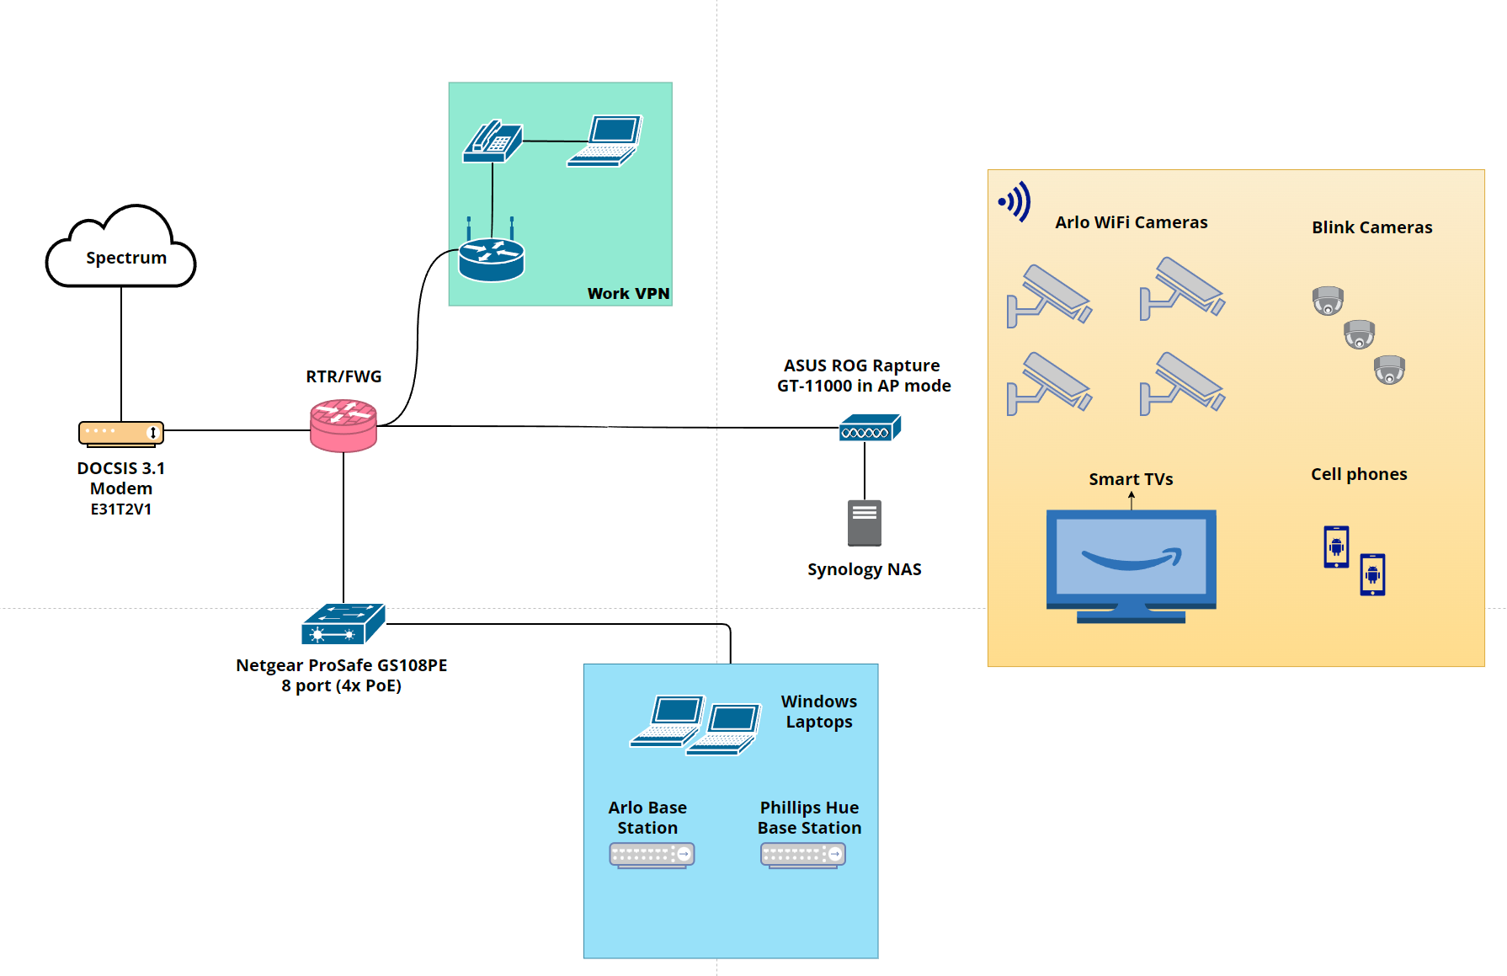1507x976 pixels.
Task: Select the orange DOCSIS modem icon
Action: coord(121,433)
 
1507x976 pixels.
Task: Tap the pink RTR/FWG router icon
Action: coord(343,425)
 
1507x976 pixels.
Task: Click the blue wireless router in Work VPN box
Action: coord(492,256)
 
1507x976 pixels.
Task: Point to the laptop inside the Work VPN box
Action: coord(605,141)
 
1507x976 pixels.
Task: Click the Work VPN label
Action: coord(628,293)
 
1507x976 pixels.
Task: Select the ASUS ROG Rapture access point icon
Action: coord(870,428)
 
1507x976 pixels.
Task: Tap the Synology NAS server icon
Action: coord(865,523)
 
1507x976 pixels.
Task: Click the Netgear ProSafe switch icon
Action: coord(343,624)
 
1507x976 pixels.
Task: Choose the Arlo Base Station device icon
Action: coord(652,855)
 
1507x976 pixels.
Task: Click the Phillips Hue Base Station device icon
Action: coord(803,855)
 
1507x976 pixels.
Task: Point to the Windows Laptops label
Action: coord(819,712)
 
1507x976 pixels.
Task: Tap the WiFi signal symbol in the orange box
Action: coord(1015,202)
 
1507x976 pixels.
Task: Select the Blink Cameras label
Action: coord(1371,227)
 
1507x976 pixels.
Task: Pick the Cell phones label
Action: coord(1359,474)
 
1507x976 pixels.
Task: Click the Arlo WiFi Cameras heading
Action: coord(1131,222)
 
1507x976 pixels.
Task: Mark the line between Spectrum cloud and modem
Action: coord(121,354)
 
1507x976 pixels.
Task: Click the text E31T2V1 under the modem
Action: coord(121,509)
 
